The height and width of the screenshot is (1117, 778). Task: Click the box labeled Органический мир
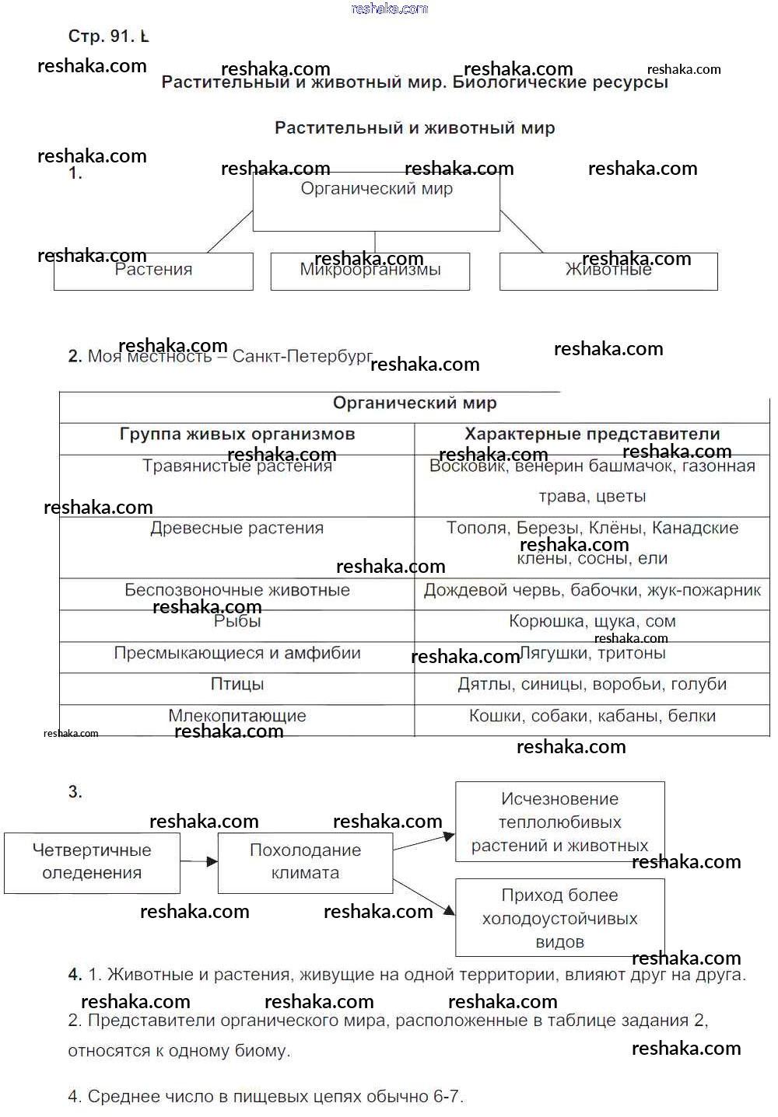pos(377,201)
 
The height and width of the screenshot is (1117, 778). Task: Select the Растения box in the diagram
pos(153,271)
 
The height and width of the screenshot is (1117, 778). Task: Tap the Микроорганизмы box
pos(370,271)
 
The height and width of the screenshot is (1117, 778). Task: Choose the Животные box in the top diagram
pos(608,271)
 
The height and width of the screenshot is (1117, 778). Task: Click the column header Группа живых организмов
pos(237,435)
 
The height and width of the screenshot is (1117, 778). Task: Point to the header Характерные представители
pos(592,435)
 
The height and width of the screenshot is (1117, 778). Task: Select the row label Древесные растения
pos(237,529)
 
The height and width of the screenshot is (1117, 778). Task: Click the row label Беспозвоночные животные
pos(237,591)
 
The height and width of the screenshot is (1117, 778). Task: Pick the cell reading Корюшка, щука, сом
pos(592,622)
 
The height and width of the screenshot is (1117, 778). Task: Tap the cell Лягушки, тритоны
pos(592,654)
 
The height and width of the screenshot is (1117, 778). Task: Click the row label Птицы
pos(237,685)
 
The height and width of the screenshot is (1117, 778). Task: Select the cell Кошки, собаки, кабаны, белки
pos(592,717)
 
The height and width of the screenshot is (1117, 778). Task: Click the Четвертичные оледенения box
pos(92,862)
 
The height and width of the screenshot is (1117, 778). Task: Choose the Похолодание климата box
pos(305,862)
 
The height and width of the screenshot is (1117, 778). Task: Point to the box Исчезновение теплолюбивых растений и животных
pos(559,822)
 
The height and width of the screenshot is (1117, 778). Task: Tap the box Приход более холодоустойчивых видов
pos(559,918)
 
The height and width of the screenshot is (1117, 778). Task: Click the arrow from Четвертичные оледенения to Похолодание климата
pos(199,861)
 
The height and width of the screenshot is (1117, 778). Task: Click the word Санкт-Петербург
pos(302,357)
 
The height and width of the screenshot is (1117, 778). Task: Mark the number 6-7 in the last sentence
pos(447,1097)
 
